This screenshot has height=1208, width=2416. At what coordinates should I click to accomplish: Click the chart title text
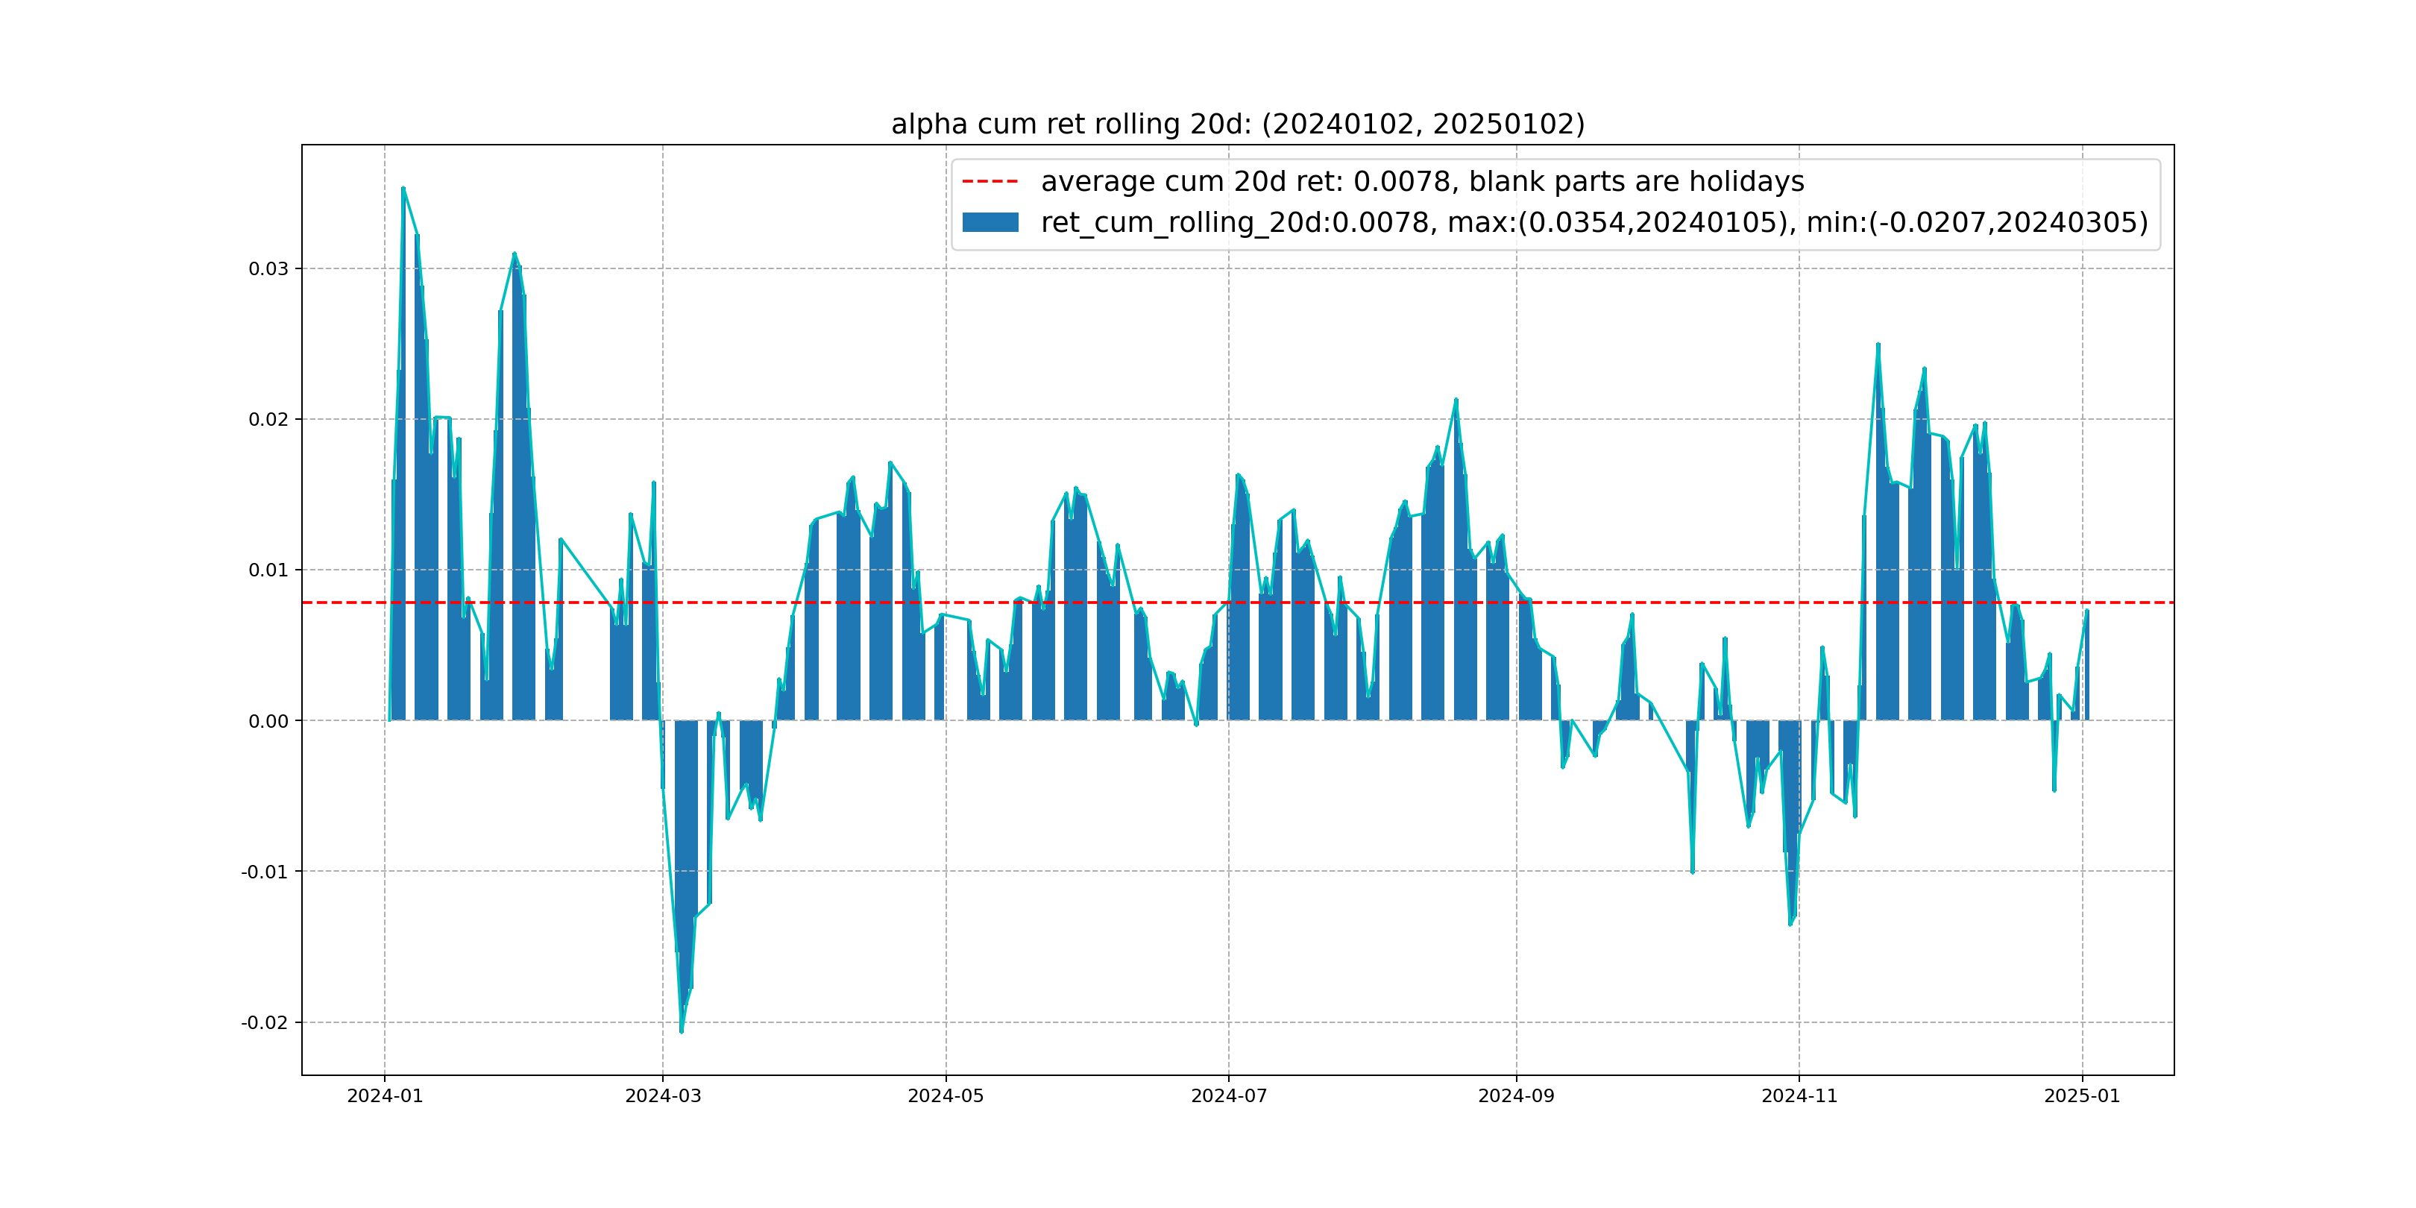[x=1237, y=124]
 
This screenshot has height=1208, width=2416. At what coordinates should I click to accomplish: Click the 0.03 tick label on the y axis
[x=268, y=269]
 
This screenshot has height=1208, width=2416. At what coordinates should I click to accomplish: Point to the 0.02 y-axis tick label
[x=268, y=419]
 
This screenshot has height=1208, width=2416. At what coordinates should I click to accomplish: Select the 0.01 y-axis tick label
[x=268, y=570]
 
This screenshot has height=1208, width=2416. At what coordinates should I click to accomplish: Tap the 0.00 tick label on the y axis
[x=268, y=721]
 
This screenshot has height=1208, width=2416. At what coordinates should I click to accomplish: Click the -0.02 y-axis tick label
[x=265, y=1023]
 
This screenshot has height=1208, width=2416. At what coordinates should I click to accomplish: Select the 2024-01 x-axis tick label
[x=385, y=1096]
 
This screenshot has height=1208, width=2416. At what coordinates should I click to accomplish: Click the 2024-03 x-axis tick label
[x=663, y=1096]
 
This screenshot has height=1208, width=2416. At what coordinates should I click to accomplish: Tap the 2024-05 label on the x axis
[x=946, y=1096]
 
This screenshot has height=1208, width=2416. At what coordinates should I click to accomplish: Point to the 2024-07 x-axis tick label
[x=1229, y=1096]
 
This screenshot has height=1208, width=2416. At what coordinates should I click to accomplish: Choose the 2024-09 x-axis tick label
[x=1516, y=1096]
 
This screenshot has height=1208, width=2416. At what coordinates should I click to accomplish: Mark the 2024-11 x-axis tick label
[x=1799, y=1096]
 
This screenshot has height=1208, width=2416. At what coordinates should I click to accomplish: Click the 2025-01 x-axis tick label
[x=2082, y=1096]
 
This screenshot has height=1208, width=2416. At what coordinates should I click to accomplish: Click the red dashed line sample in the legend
[x=990, y=182]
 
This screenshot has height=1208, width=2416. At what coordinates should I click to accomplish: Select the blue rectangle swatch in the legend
[x=990, y=222]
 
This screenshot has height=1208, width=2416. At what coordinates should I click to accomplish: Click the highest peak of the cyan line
[x=403, y=189]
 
